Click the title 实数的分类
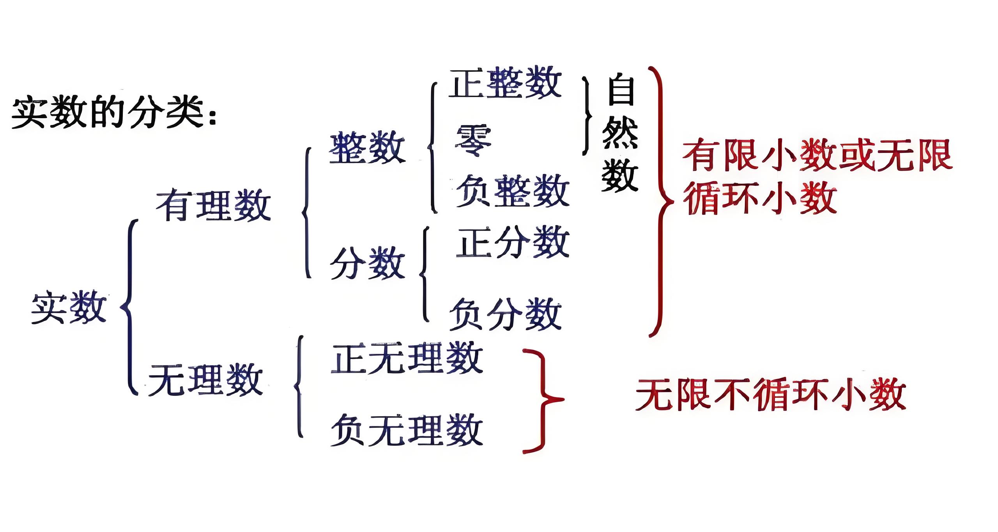tap(113, 113)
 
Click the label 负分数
tap(505, 314)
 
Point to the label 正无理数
tap(407, 358)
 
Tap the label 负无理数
tap(407, 430)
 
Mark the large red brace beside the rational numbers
tap(660, 201)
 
